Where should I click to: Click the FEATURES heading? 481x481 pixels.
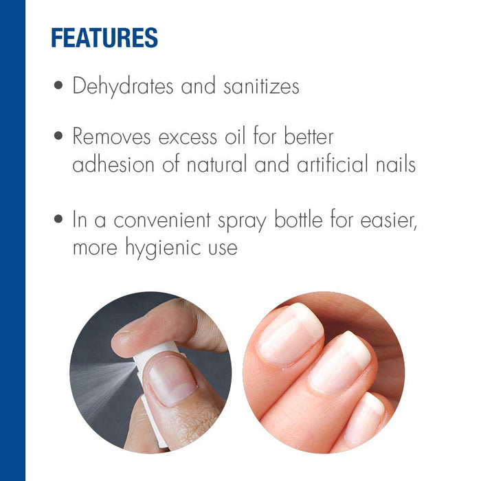[x=104, y=37]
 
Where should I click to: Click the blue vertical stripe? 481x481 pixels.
[x=12, y=240]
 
